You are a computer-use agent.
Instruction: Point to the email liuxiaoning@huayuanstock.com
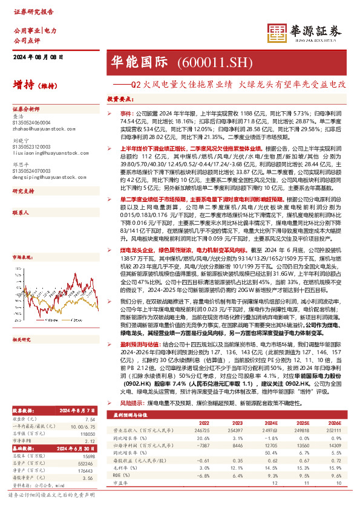pyautogui.click(x=45, y=153)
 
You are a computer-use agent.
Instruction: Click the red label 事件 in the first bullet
pyautogui.click(x=125, y=113)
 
